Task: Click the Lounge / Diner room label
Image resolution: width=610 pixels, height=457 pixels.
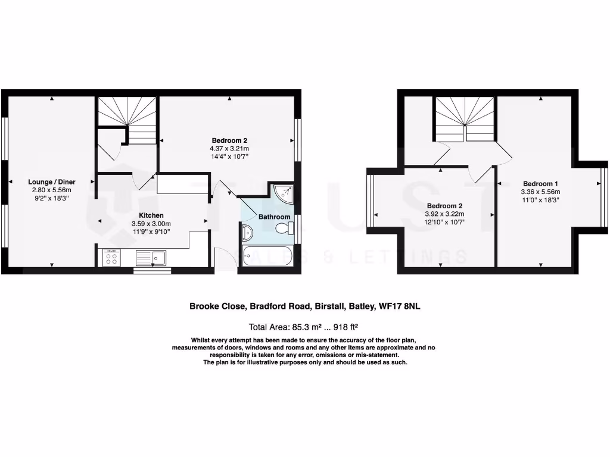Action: pos(51,181)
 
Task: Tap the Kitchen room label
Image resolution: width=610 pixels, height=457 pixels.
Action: pos(151,215)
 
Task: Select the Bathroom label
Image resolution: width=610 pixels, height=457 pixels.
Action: pos(274,217)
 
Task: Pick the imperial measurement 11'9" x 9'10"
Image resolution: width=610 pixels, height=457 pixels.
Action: pos(151,231)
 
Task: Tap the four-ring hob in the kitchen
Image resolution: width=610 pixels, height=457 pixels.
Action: pos(111,258)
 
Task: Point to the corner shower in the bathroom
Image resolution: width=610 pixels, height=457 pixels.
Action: pos(285,192)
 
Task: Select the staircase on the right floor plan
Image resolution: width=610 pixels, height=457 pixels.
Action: pos(465,119)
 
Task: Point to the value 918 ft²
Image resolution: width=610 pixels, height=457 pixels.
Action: pos(344,327)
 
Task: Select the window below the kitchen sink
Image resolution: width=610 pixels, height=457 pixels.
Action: pos(151,271)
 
